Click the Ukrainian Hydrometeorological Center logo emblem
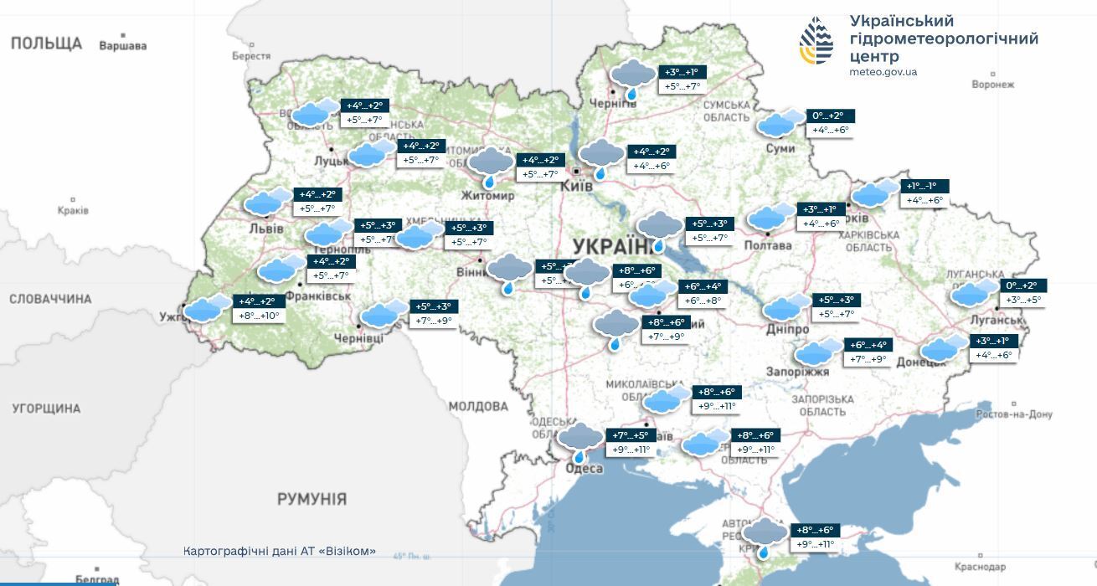[816, 40]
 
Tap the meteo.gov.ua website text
[883, 72]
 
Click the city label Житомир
[487, 195]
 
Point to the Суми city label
[780, 148]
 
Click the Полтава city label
[767, 245]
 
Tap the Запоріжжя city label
[797, 371]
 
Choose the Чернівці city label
[358, 337]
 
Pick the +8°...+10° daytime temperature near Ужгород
[259, 316]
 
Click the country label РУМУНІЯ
[312, 499]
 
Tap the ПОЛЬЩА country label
[46, 43]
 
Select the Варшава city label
[122, 46]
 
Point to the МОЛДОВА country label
[478, 406]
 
